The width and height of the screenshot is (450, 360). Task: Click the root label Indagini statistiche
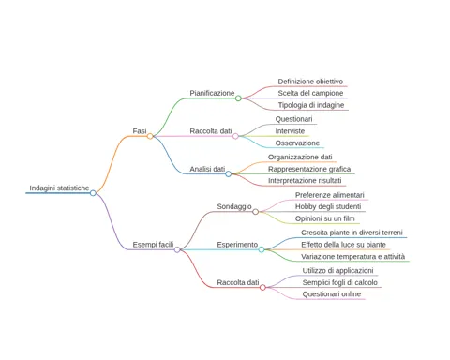(x=59, y=187)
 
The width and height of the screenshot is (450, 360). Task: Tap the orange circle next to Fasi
(x=150, y=136)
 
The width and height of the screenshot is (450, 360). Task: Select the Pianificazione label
(x=212, y=93)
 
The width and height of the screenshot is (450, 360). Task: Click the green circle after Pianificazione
(x=238, y=98)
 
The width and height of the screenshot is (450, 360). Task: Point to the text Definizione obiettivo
(x=310, y=82)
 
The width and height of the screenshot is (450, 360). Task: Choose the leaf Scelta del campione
(x=310, y=93)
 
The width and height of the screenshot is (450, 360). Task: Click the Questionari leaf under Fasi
(x=293, y=119)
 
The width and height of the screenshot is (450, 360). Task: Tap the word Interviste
(x=290, y=131)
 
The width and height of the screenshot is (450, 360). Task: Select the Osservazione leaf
(x=297, y=143)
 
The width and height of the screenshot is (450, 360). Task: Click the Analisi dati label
(x=207, y=169)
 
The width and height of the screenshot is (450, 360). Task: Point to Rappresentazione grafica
(x=309, y=169)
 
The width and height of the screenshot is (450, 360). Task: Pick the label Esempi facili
(x=153, y=245)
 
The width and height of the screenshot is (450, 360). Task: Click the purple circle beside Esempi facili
(x=177, y=249)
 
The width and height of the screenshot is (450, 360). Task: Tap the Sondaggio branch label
(x=234, y=206)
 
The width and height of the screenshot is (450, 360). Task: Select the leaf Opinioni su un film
(x=325, y=218)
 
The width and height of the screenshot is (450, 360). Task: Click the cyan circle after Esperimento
(x=262, y=249)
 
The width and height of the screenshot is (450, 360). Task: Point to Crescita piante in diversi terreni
(x=352, y=232)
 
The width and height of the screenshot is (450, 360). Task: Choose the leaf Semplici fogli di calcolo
(x=340, y=282)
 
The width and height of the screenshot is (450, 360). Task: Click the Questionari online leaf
(x=332, y=294)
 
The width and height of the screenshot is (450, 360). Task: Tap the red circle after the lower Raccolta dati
(x=262, y=287)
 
